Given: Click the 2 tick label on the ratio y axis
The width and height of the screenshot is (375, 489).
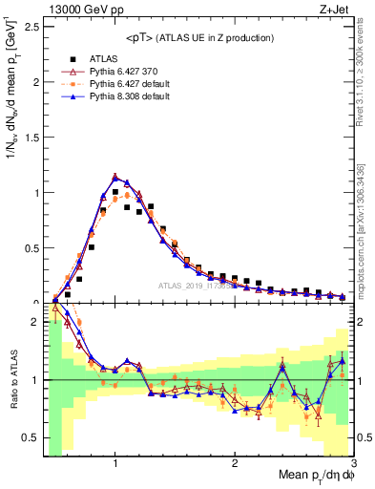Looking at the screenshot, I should (x=34, y=323).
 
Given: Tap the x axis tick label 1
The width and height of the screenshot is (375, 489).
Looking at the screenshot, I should (x=115, y=463).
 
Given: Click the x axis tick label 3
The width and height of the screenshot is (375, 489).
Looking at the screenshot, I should (x=353, y=463).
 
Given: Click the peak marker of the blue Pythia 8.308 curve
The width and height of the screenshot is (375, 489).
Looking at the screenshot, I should (x=115, y=177).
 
